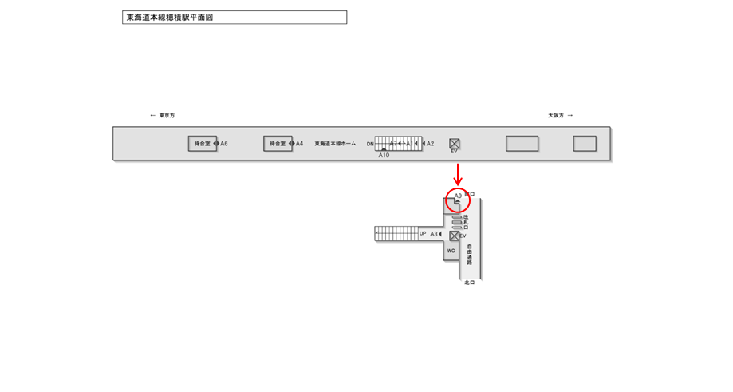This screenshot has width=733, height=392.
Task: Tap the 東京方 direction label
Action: (x=166, y=116)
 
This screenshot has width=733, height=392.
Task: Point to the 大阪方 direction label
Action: (x=556, y=116)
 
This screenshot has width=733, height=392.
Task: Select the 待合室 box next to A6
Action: (x=203, y=144)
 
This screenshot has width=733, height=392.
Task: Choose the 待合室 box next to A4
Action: (x=278, y=144)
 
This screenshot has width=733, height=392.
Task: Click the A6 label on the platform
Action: (x=224, y=144)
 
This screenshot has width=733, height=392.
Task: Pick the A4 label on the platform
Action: (x=300, y=144)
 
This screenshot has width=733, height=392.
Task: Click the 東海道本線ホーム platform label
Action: (x=335, y=144)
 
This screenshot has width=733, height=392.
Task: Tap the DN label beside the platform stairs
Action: (x=370, y=145)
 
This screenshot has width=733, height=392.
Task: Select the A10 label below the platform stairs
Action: (x=384, y=156)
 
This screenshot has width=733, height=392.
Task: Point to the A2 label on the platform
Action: (x=431, y=144)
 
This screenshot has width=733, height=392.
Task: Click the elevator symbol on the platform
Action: (x=455, y=144)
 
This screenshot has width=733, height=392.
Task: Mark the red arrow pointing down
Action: (x=458, y=174)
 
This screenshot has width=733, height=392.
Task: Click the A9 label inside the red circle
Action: (x=458, y=196)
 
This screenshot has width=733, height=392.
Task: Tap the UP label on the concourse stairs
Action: (x=423, y=234)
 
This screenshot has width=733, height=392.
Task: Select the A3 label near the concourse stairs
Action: (x=434, y=234)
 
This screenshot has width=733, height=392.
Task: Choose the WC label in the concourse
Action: (x=451, y=251)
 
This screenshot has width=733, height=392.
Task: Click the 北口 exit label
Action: (x=469, y=283)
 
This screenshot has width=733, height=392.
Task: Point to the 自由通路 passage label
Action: (x=470, y=255)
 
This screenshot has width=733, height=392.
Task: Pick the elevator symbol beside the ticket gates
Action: (x=454, y=236)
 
